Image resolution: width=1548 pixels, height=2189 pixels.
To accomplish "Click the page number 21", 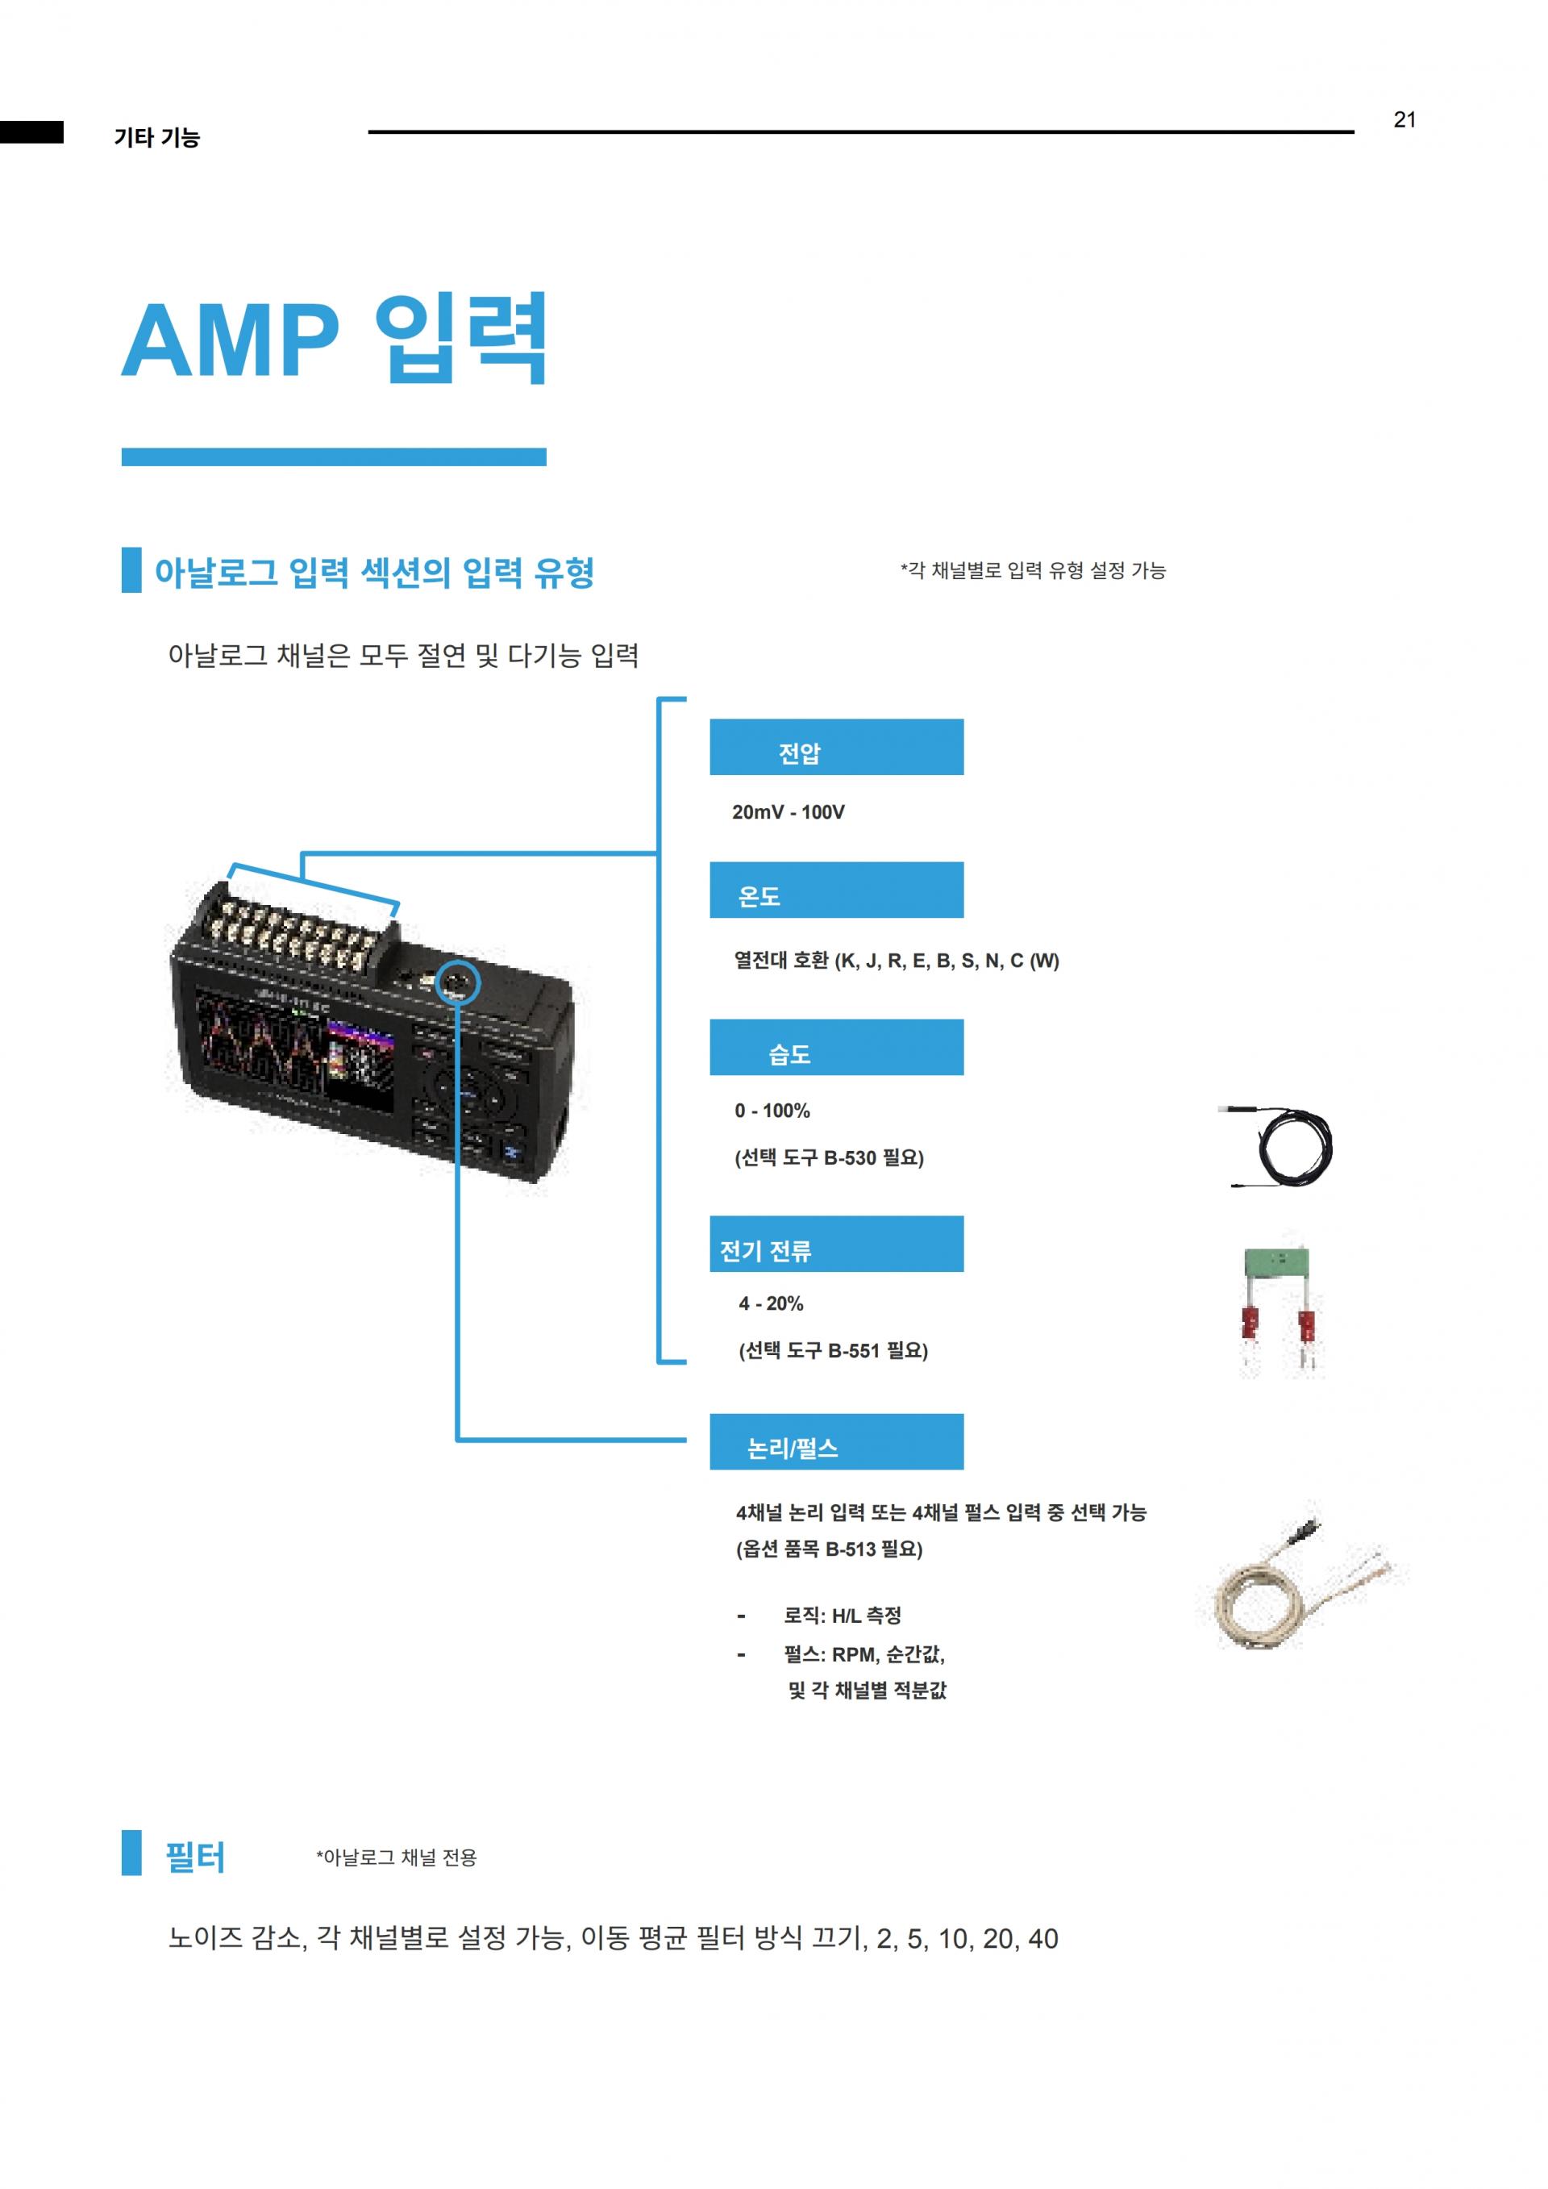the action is [1404, 119].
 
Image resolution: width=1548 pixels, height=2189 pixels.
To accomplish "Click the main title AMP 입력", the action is [335, 339].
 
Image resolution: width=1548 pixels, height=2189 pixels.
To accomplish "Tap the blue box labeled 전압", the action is [836, 747].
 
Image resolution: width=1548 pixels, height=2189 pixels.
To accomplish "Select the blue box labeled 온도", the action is [836, 890].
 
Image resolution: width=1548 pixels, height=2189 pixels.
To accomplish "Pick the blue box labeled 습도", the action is [836, 1047].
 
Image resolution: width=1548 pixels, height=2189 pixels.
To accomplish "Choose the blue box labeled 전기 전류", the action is [836, 1243].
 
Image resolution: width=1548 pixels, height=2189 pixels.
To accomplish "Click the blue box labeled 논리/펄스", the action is [836, 1441].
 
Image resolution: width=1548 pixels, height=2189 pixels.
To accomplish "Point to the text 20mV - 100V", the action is [789, 812].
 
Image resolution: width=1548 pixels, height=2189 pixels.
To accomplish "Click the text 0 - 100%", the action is [772, 1111].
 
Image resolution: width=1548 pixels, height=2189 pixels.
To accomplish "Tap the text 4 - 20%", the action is [771, 1303].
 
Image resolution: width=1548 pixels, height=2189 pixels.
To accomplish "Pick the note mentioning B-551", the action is [833, 1350].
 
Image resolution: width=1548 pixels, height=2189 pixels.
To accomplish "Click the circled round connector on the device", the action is [456, 980].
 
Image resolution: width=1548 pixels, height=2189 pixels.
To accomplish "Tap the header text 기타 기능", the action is [156, 137].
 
